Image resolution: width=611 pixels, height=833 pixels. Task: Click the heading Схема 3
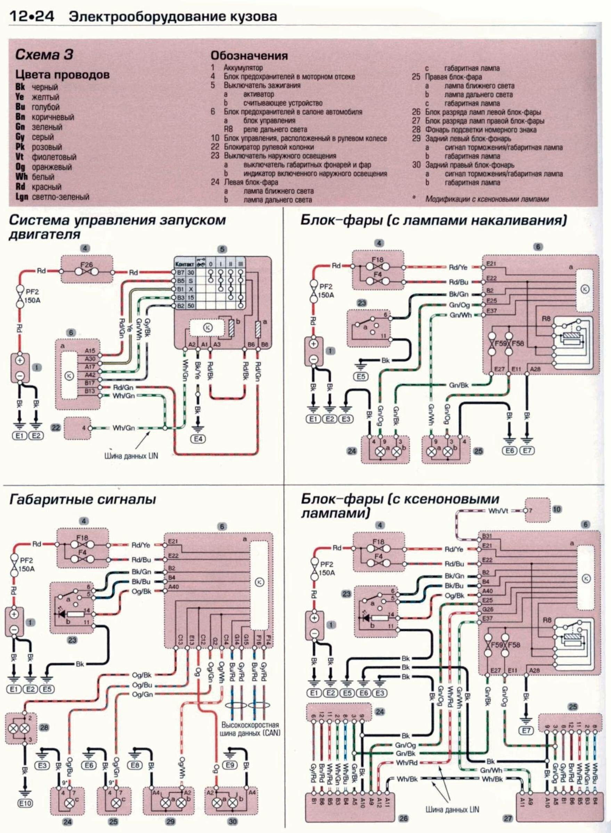point(44,55)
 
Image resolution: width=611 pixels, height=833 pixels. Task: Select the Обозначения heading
point(249,56)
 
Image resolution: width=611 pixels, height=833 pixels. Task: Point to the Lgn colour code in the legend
point(22,197)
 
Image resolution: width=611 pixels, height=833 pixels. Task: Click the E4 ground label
point(198,439)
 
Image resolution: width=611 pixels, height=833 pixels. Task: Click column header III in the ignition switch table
point(241,265)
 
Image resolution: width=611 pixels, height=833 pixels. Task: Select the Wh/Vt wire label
point(498,511)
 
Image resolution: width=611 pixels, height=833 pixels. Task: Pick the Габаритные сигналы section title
point(82,499)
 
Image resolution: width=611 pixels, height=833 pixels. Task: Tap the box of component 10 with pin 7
point(537,511)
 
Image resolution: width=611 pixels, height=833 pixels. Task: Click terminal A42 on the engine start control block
point(90,375)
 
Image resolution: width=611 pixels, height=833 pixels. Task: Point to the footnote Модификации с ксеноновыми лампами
point(487,199)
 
